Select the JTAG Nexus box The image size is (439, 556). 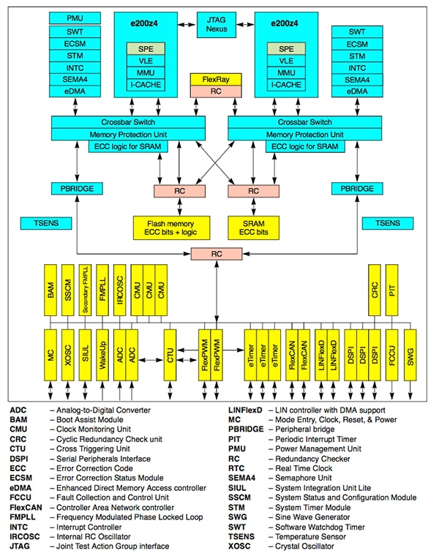pyautogui.click(x=217, y=23)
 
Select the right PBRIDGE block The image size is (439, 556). pyautogui.click(x=357, y=189)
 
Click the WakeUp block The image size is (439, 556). pyautogui.click(x=102, y=355)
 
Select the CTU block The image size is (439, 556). pyautogui.click(x=170, y=355)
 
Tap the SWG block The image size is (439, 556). pyautogui.click(x=410, y=355)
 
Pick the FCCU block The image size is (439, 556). pyautogui.click(x=393, y=355)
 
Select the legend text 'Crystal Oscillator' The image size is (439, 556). pyautogui.click(x=303, y=546)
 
